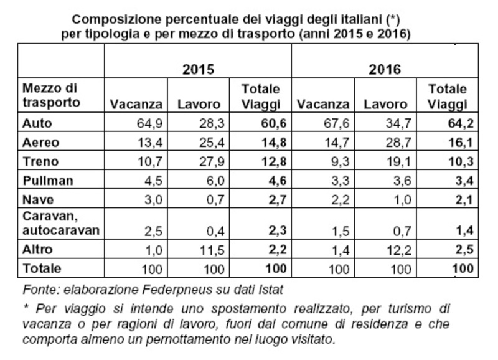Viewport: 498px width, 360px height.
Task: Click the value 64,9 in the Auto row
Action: coord(149,123)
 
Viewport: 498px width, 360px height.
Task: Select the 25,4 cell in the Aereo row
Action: coord(206,141)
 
